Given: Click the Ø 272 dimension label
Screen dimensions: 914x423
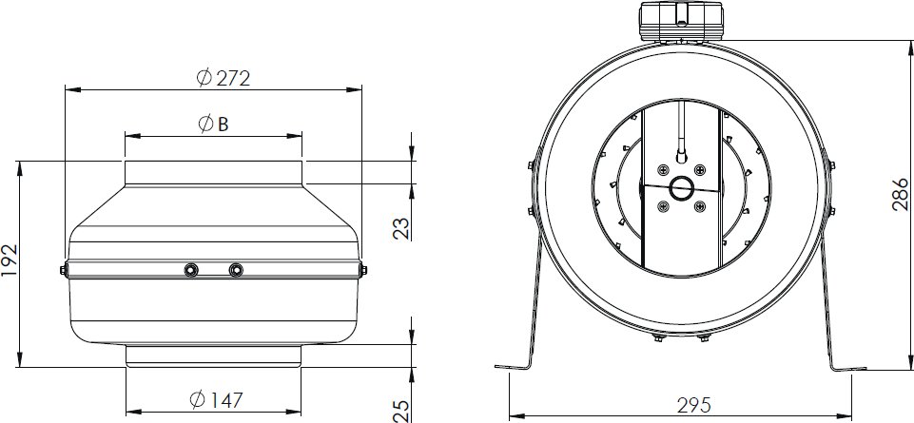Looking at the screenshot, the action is click(x=224, y=78).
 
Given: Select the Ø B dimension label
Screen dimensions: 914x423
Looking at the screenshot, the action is click(x=213, y=124).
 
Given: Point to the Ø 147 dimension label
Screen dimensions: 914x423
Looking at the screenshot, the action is click(x=216, y=399).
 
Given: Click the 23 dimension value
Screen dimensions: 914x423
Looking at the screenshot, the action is click(x=401, y=228).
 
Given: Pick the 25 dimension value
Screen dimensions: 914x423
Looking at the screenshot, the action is click(x=401, y=411).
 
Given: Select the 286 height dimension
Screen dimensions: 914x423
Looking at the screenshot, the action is click(x=900, y=194).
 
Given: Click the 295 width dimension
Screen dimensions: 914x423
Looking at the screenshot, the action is click(x=694, y=404).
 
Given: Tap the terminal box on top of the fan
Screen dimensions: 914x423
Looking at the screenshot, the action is click(x=681, y=22).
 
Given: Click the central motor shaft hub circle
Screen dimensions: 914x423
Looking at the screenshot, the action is click(x=681, y=188).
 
